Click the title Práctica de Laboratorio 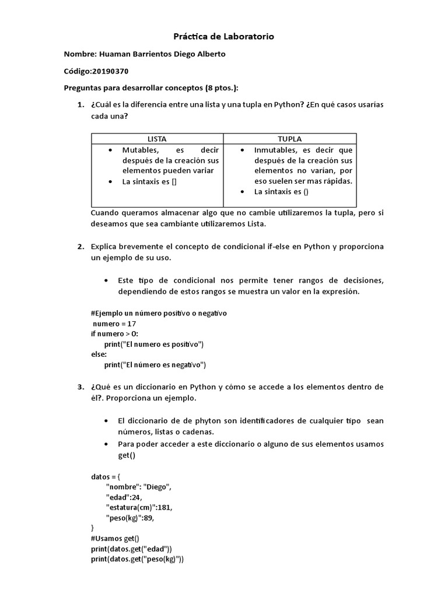(x=224, y=37)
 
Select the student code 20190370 (x=110, y=71)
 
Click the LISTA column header (x=157, y=139)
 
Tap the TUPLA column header (x=290, y=139)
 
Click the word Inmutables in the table (x=274, y=150)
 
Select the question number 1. (x=80, y=104)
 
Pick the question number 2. (x=80, y=247)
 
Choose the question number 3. (x=80, y=387)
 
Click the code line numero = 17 (x=114, y=324)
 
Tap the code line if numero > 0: (x=114, y=334)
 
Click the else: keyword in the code (x=99, y=354)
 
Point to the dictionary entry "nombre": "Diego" (x=139, y=486)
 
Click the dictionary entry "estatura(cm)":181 (x=139, y=507)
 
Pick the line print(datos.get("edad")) (x=131, y=549)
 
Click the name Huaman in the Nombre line (x=117, y=54)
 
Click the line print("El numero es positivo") (x=154, y=344)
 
